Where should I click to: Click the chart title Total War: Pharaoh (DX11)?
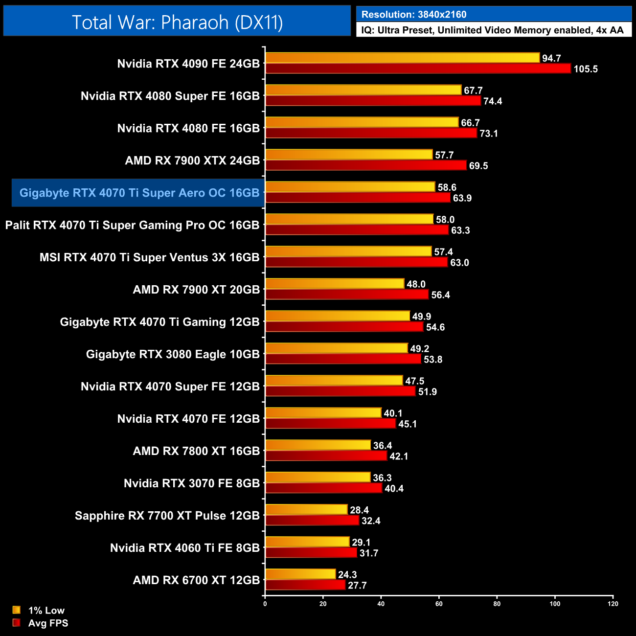(x=177, y=22)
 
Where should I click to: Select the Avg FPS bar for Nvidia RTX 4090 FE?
(x=418, y=68)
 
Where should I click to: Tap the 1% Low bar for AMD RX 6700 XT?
(x=300, y=574)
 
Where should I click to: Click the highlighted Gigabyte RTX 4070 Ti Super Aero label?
(x=139, y=193)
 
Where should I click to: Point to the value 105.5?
(x=586, y=69)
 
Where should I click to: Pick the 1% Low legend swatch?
(x=17, y=610)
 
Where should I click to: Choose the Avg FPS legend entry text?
(x=48, y=623)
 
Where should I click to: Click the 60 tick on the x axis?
(x=439, y=604)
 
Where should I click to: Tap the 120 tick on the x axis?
(x=613, y=604)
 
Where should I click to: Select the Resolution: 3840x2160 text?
(x=414, y=15)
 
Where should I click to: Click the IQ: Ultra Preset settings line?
(x=492, y=30)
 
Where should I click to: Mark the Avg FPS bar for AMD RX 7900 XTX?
(x=366, y=165)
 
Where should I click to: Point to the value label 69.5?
(x=478, y=166)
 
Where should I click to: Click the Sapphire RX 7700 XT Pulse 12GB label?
(x=167, y=516)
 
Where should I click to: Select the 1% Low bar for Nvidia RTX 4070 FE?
(x=323, y=412)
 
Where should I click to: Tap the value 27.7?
(x=357, y=586)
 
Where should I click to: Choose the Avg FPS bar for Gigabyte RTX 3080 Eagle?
(x=343, y=359)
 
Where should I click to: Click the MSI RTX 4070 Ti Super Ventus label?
(x=149, y=257)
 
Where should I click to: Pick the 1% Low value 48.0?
(x=416, y=284)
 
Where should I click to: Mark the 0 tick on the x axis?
(x=265, y=604)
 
